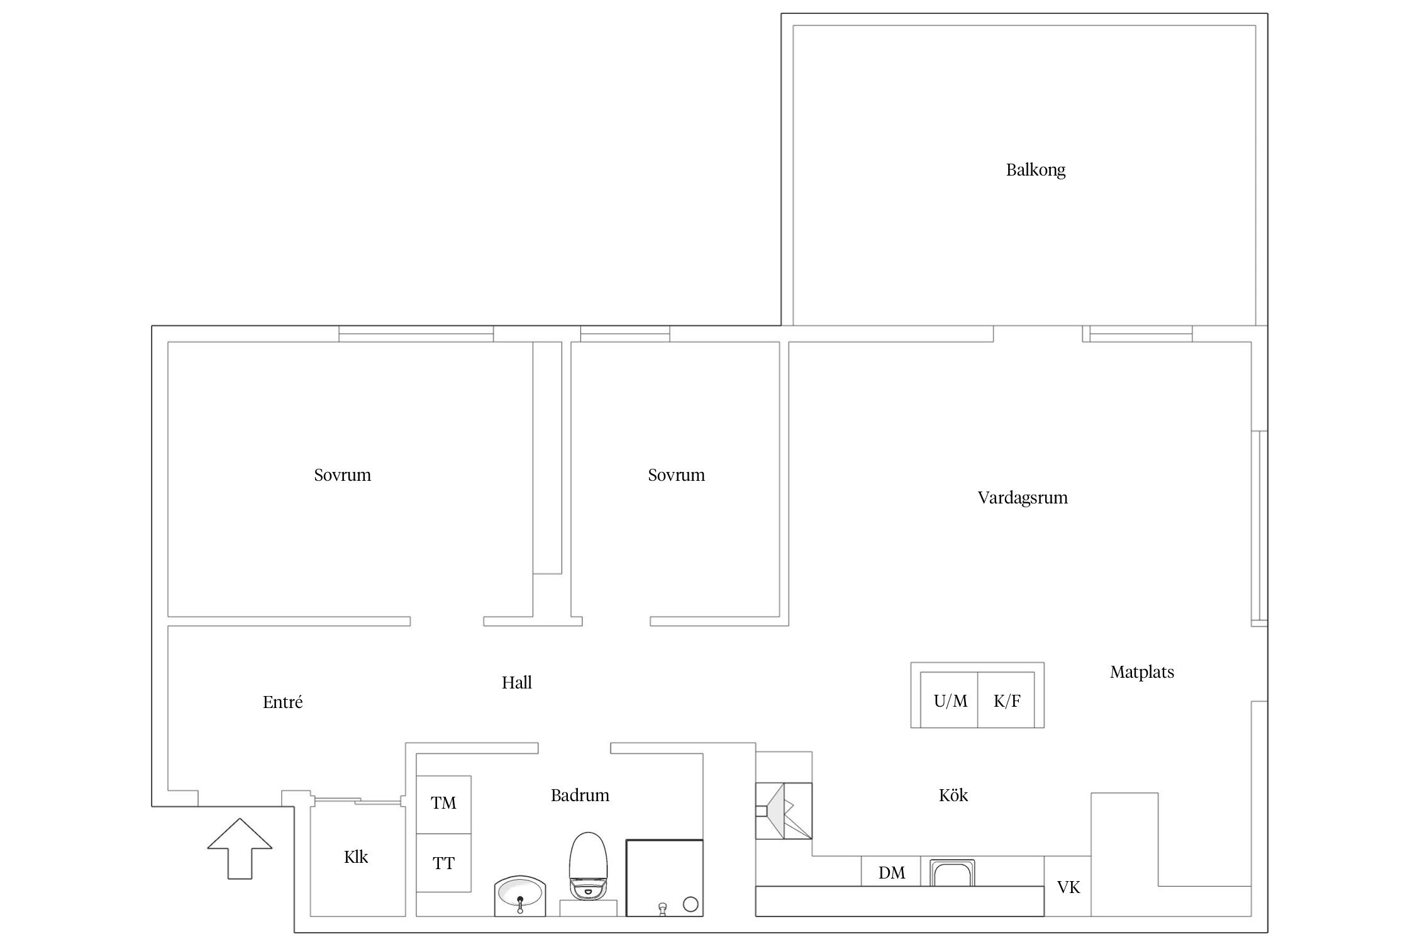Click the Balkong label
click(x=1036, y=171)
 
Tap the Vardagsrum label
click(x=1023, y=498)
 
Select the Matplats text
click(x=1142, y=673)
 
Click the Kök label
click(x=953, y=795)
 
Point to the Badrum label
click(x=580, y=795)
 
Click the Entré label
click(x=283, y=702)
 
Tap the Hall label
click(x=517, y=683)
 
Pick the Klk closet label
click(x=356, y=857)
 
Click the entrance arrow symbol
click(x=240, y=848)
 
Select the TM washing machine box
click(x=444, y=805)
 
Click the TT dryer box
click(x=444, y=863)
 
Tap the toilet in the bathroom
click(x=589, y=865)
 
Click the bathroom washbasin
click(x=520, y=895)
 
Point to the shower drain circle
click(x=691, y=905)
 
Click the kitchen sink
click(x=952, y=872)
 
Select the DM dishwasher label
click(x=892, y=874)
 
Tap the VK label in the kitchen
click(x=1068, y=888)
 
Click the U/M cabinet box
click(x=950, y=700)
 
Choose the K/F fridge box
click(x=1006, y=700)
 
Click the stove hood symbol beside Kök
click(x=784, y=811)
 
